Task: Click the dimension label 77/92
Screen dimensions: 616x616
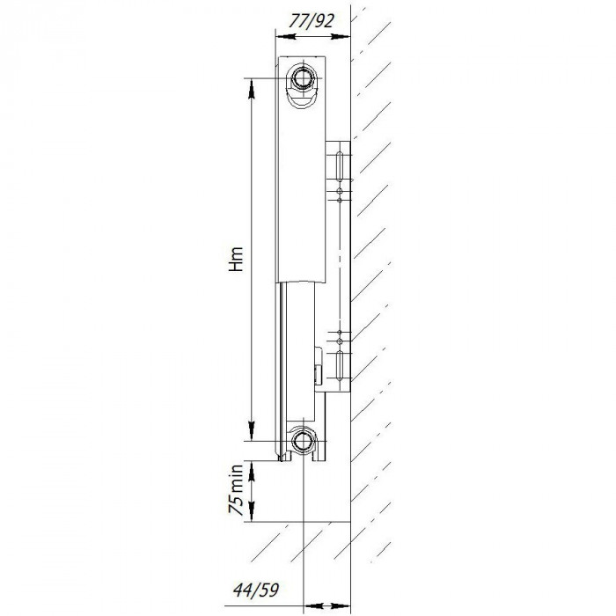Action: [314, 19]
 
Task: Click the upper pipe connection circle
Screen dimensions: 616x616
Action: [304, 77]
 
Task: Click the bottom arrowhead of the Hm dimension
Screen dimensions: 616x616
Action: [252, 430]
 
